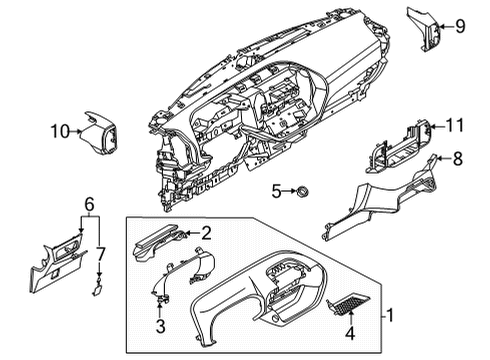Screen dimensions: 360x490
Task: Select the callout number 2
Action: pos(206,234)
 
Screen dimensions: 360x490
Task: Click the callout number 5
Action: pos(276,190)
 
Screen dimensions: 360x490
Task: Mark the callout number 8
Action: pos(458,157)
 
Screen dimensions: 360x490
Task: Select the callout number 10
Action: pos(59,129)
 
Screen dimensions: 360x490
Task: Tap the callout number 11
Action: pos(455,126)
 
